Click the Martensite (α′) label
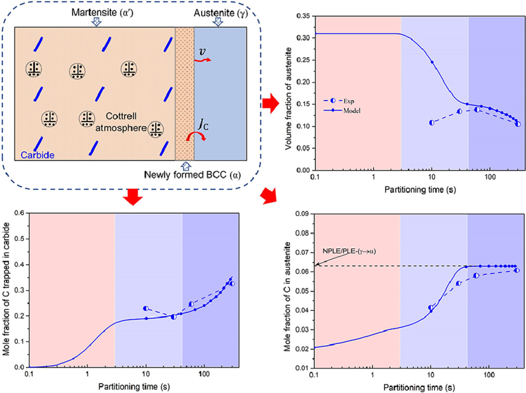(102, 12)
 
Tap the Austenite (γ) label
(220, 13)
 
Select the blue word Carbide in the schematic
(38, 155)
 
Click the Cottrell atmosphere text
(121, 122)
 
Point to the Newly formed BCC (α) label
(192, 175)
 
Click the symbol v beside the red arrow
(202, 51)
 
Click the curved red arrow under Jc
(196, 136)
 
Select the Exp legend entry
(339, 101)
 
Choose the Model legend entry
(342, 110)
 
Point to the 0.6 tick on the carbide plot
(19, 213)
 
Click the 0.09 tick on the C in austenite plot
(302, 214)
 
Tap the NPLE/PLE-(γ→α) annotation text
(349, 251)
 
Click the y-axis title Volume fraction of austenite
(288, 98)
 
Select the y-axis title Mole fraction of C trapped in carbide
(6, 288)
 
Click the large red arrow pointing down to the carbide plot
(133, 196)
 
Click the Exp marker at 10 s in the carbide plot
(146, 308)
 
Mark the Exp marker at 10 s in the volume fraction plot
(432, 123)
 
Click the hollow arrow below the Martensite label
(97, 22)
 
